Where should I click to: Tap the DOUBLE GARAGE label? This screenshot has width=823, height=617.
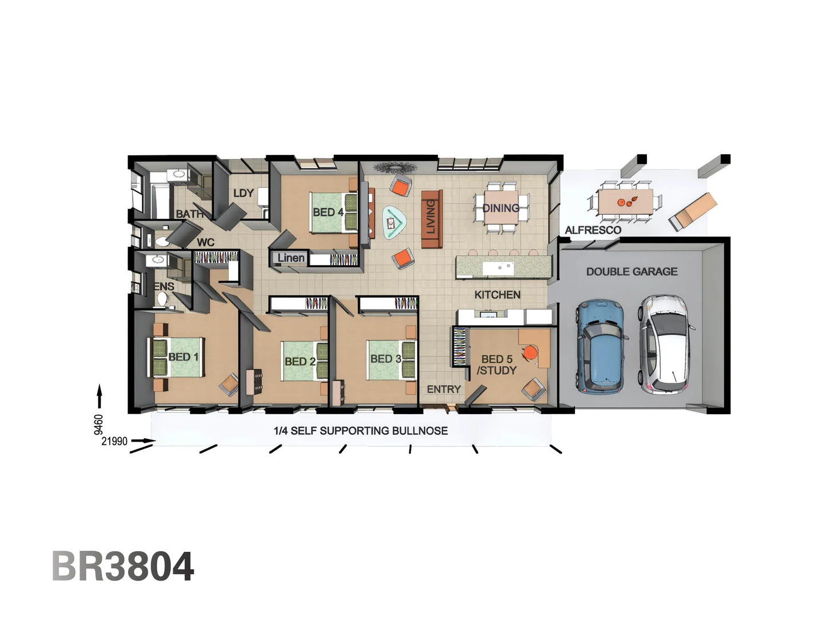(632, 272)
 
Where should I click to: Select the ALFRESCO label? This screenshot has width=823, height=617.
(593, 230)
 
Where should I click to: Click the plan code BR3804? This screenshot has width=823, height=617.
(123, 567)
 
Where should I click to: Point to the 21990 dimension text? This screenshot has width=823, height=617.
(114, 441)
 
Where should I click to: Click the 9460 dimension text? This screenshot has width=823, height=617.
(99, 424)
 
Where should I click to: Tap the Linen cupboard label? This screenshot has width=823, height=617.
(291, 258)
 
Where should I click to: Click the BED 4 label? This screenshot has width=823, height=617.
(327, 213)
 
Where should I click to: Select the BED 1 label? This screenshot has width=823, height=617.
(183, 357)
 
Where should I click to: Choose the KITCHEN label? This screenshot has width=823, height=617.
(497, 295)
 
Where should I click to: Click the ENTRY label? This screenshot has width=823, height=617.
(444, 389)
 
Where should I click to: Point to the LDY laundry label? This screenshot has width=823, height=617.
(243, 193)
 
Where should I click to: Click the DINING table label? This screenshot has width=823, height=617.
(501, 208)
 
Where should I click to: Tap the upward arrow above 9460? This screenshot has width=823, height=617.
(99, 395)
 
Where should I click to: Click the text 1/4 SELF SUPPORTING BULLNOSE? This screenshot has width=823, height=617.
(361, 431)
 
